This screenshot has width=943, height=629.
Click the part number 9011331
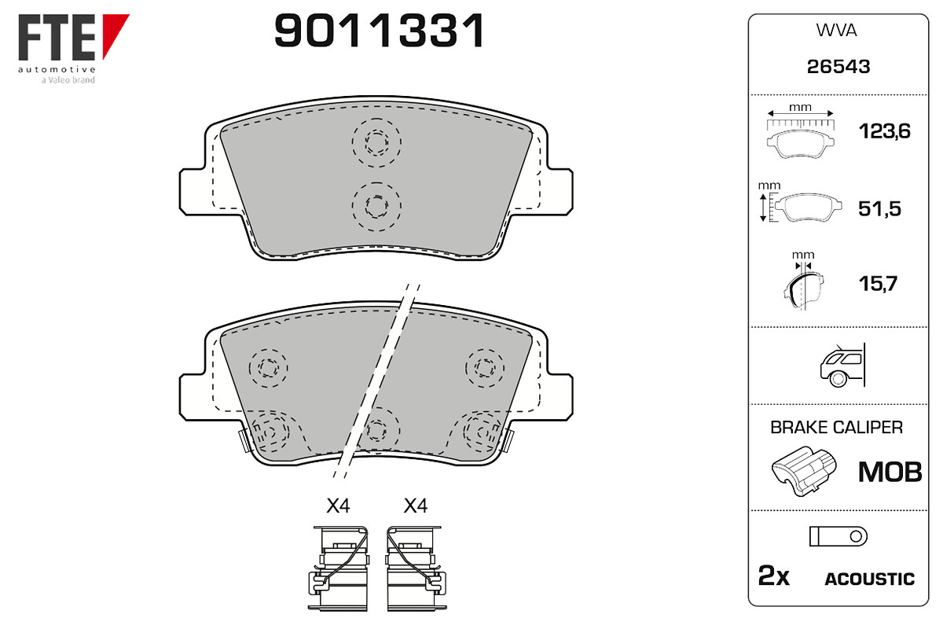379,31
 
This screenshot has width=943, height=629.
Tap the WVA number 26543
838,67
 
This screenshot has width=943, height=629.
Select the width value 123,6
885,131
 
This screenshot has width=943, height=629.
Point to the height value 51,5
879,208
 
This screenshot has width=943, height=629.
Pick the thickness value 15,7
879,284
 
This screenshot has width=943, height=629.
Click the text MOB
890,472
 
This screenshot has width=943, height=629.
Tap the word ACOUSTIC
870,579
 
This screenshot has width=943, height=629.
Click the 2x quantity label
774,576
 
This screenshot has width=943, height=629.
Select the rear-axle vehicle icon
842,366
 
